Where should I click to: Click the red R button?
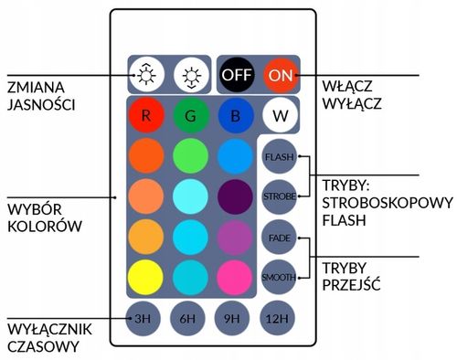(x=144, y=116)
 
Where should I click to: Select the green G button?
(x=189, y=116)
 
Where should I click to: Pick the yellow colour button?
(x=144, y=275)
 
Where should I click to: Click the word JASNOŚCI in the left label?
(x=41, y=105)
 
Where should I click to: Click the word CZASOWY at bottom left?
(x=39, y=345)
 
